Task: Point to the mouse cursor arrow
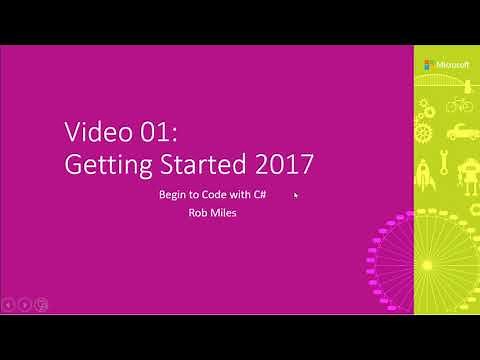[x=296, y=196]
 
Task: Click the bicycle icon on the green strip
[x=459, y=105]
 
